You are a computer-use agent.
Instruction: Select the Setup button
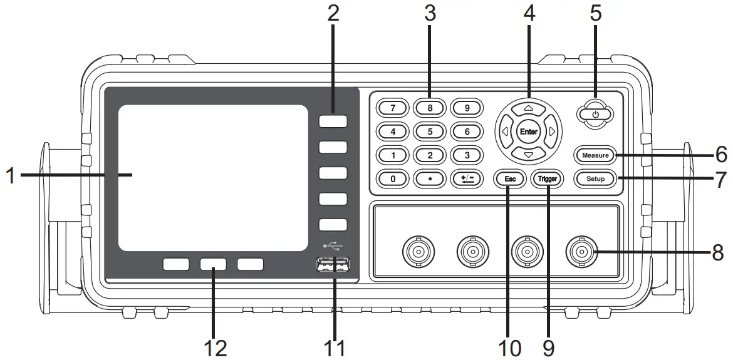[x=595, y=178]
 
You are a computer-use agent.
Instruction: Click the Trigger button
[x=547, y=178]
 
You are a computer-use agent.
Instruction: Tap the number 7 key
[x=393, y=107]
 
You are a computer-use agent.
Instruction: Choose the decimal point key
[x=430, y=178]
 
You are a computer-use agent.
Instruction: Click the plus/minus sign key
[x=467, y=178]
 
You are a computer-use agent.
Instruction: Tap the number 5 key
[x=430, y=131]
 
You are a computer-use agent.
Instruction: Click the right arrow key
[x=552, y=131]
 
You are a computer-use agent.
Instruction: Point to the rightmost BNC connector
[x=581, y=252]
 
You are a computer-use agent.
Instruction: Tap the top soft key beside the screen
[x=333, y=121]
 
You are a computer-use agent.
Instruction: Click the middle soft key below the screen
[x=213, y=264]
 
